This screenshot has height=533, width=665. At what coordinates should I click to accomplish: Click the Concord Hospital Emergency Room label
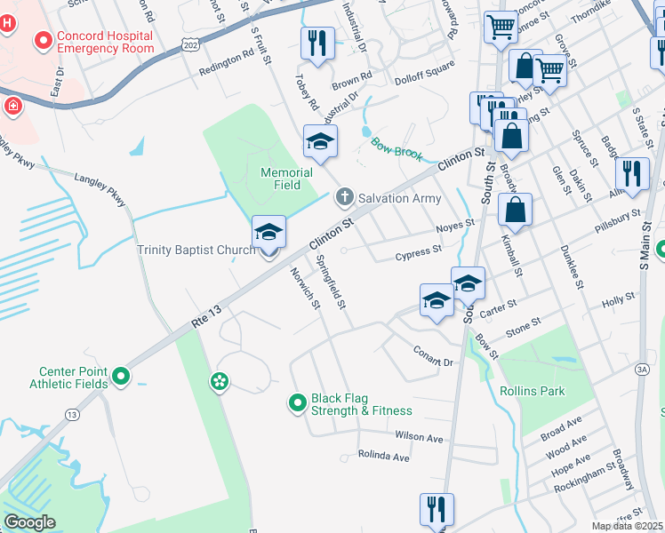tap(105, 41)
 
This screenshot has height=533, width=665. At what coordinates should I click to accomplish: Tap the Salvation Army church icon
tap(344, 196)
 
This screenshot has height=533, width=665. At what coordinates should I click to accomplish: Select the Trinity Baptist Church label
tap(196, 250)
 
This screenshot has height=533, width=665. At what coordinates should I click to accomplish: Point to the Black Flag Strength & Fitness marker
tap(299, 404)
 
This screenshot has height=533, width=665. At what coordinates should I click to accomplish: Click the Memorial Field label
tap(286, 179)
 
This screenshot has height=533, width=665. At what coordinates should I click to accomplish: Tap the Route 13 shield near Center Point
tap(72, 415)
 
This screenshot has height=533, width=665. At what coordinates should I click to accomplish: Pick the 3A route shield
tap(642, 370)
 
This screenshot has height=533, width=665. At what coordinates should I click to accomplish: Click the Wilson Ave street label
tap(419, 438)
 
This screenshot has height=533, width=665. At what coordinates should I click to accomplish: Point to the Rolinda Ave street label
tap(383, 457)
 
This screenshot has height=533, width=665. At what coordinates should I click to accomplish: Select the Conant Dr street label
tap(433, 356)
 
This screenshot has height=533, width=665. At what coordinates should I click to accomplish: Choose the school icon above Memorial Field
tap(320, 140)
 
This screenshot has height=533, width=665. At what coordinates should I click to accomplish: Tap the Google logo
tap(29, 522)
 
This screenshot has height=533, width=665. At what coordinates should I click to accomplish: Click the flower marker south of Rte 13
tap(220, 382)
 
